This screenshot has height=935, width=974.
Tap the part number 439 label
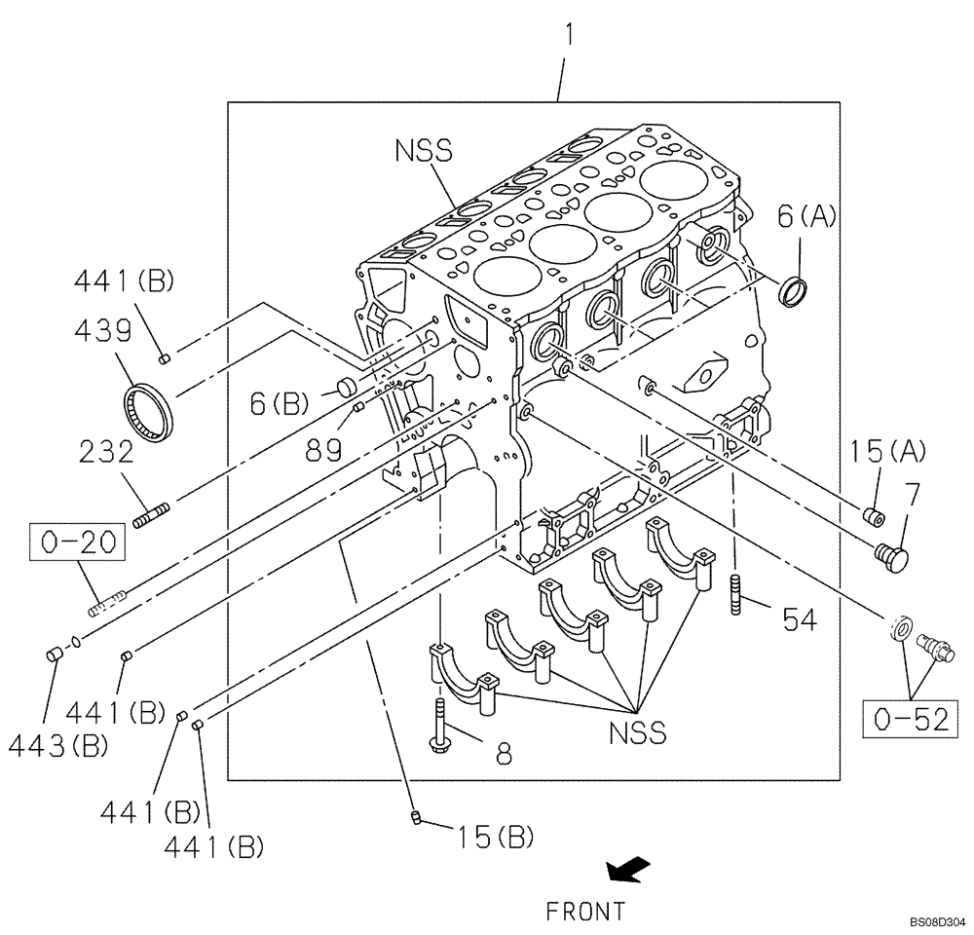tap(102, 331)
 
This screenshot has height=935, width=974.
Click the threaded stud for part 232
tap(154, 514)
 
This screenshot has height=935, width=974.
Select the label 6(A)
tap(806, 217)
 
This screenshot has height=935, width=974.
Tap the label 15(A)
tap(886, 450)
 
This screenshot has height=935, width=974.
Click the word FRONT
tap(585, 912)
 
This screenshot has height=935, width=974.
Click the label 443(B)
tap(57, 746)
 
